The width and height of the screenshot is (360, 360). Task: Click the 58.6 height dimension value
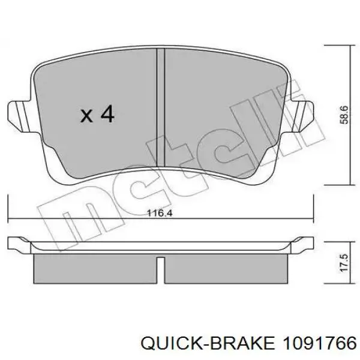(x=344, y=115)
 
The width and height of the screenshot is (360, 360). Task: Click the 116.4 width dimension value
(x=160, y=214)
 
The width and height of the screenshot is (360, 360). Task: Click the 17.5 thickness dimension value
(x=344, y=263)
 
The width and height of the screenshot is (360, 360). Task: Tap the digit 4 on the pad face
(x=107, y=113)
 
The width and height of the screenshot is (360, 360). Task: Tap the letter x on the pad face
(x=86, y=116)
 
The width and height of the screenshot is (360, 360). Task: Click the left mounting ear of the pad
(x=20, y=117)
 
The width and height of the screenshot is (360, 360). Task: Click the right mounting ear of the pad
(x=301, y=116)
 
